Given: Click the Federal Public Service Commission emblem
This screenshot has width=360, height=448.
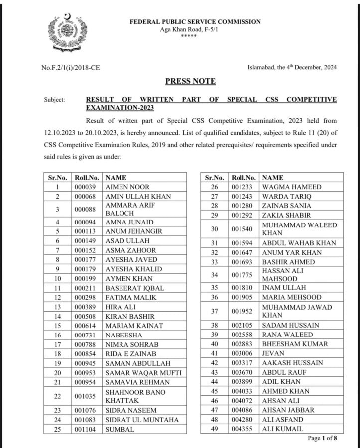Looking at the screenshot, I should click(x=68, y=33).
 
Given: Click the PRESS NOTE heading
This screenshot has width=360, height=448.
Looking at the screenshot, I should click(x=190, y=81).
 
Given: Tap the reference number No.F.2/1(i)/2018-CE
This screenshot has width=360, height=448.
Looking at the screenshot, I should click(x=70, y=67).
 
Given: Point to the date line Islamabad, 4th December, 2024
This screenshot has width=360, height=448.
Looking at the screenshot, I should click(x=292, y=67).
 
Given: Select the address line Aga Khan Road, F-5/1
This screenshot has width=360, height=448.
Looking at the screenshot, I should click(x=189, y=30).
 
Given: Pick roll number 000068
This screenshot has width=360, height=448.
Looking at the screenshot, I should click(x=87, y=196).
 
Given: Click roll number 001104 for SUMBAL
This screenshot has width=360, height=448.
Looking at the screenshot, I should click(x=87, y=429).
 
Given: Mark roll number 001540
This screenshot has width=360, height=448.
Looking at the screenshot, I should click(x=244, y=229).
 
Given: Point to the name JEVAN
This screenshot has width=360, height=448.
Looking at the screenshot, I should click(x=273, y=353).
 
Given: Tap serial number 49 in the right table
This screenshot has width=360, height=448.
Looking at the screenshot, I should click(x=215, y=429).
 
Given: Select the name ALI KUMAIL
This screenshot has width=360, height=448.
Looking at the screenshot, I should click(x=282, y=429).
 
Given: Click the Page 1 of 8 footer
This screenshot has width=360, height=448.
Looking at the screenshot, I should click(x=322, y=438).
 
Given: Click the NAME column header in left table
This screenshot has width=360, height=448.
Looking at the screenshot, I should click(x=116, y=177).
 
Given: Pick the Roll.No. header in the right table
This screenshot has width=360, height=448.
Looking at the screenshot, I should click(x=244, y=177).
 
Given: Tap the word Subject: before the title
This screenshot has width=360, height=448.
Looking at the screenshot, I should click(x=54, y=100).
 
